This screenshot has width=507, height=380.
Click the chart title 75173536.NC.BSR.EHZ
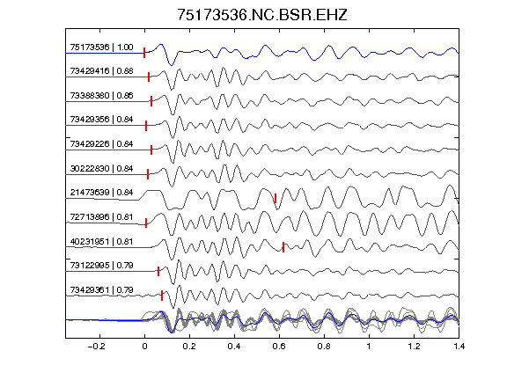coord(262,15)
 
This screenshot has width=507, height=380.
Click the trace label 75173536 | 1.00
coord(101,47)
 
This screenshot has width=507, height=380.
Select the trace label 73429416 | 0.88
coord(101,71)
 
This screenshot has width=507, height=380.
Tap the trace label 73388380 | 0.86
coord(101,96)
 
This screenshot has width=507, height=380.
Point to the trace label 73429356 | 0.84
coord(101,120)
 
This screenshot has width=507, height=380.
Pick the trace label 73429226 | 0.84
coord(101,144)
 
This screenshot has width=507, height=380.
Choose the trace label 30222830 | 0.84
coord(101,169)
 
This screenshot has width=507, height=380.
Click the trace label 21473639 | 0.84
coord(101,193)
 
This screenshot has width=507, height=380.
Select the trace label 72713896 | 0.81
coord(101,216)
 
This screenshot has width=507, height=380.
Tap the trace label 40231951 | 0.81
coord(101,242)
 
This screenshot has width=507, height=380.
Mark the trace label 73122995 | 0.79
coord(101,266)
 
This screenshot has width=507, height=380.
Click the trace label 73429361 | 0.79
coord(101,290)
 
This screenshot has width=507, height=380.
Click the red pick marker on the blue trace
coord(144,53)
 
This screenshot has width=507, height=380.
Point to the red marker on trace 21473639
coord(276,198)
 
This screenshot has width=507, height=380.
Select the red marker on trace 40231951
coord(283,247)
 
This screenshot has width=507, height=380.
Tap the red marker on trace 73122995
coord(158,272)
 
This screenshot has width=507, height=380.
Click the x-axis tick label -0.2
coord(96,347)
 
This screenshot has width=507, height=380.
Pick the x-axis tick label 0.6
coord(279,347)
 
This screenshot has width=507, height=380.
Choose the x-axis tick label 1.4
coord(459,347)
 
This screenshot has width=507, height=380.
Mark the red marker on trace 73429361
coord(162,296)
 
